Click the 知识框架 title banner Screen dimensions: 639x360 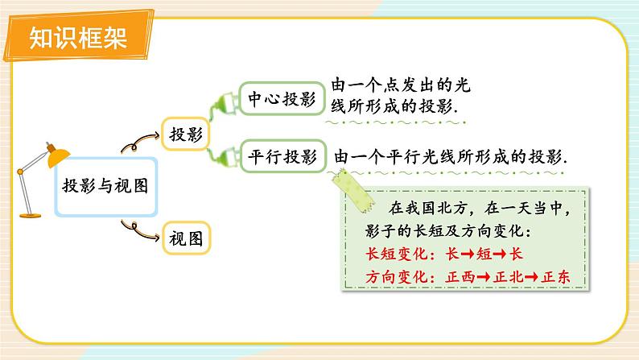tap(77, 38)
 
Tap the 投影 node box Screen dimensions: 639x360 tap(186, 134)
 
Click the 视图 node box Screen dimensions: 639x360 tap(186, 238)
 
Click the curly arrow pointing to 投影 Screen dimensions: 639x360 tap(138, 143)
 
